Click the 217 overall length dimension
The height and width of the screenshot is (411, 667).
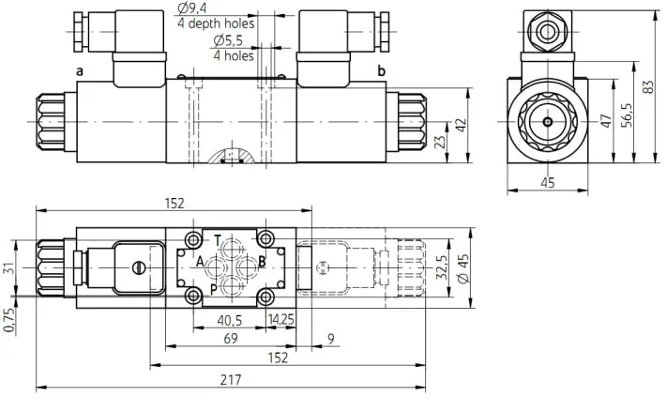pyautogui.click(x=231, y=379)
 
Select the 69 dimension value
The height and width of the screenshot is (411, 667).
pyautogui.click(x=231, y=339)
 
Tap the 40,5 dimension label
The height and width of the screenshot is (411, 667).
pyautogui.click(x=229, y=320)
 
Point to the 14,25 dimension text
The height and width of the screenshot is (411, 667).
pyautogui.click(x=280, y=319)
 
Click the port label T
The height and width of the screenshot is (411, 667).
pyautogui.click(x=218, y=241)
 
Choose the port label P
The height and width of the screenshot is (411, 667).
pyautogui.click(x=214, y=290)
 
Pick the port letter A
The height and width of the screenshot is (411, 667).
pyautogui.click(x=200, y=261)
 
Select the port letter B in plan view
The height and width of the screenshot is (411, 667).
pyautogui.click(x=262, y=261)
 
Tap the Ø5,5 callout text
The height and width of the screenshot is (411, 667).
pyautogui.click(x=228, y=41)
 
